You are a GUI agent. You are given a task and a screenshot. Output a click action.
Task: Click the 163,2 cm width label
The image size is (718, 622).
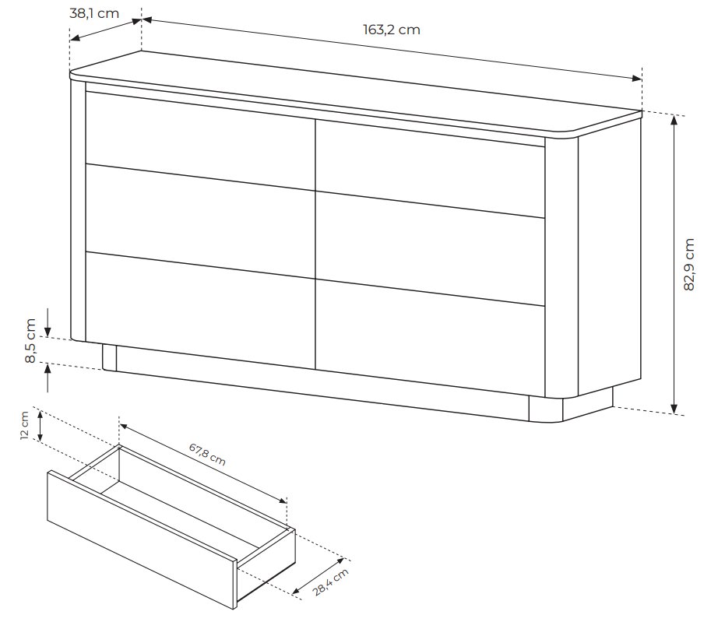pyautogui.click(x=392, y=30)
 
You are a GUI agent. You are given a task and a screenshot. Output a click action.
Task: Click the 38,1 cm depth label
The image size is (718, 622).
pyautogui.click(x=94, y=13)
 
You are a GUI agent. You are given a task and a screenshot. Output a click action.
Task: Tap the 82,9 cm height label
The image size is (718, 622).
pyautogui.click(x=689, y=265)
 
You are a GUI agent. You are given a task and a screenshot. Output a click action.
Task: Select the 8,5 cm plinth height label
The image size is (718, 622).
pyautogui.click(x=30, y=340)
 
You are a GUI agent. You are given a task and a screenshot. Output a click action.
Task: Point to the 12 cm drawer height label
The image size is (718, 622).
pyautogui.click(x=25, y=426)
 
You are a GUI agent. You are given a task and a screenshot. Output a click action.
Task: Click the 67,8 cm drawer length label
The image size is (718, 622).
pyautogui.click(x=207, y=454)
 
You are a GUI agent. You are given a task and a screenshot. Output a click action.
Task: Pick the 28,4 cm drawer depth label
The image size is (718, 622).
pyautogui.click(x=331, y=582)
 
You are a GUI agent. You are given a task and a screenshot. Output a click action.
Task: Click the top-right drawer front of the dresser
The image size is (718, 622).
pyautogui.click(x=430, y=168)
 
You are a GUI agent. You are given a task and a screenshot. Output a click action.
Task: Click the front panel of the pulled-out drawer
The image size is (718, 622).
pyautogui.click(x=143, y=540)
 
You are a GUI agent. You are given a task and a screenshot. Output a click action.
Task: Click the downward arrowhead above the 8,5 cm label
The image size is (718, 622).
pyautogui.click(x=48, y=331)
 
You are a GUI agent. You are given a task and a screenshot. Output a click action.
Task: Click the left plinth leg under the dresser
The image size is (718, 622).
pyautogui.click(x=110, y=357)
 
